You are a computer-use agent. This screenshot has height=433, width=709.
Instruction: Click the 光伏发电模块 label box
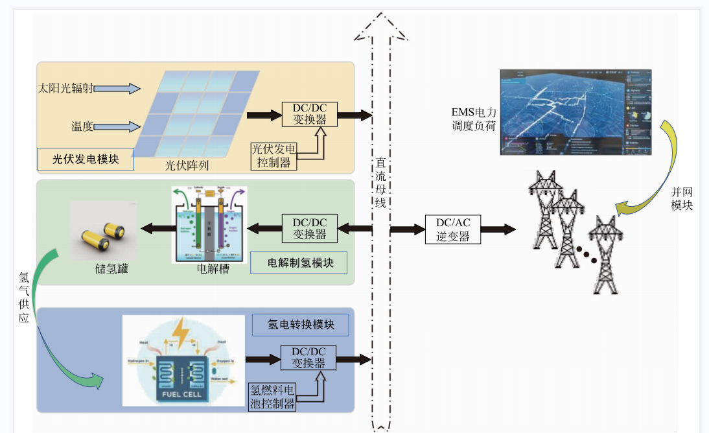(86, 159)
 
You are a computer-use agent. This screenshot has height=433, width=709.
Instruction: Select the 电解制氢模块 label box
(299, 263)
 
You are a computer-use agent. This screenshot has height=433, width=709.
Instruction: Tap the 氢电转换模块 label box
(301, 324)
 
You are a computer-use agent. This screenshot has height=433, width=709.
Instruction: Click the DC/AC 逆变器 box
(453, 229)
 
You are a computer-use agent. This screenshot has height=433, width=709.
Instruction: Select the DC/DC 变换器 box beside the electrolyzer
(309, 228)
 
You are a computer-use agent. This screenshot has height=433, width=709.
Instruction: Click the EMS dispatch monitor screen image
(575, 112)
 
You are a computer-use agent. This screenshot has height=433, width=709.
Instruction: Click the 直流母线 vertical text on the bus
(381, 184)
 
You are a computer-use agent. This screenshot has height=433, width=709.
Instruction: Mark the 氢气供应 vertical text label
(24, 298)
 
